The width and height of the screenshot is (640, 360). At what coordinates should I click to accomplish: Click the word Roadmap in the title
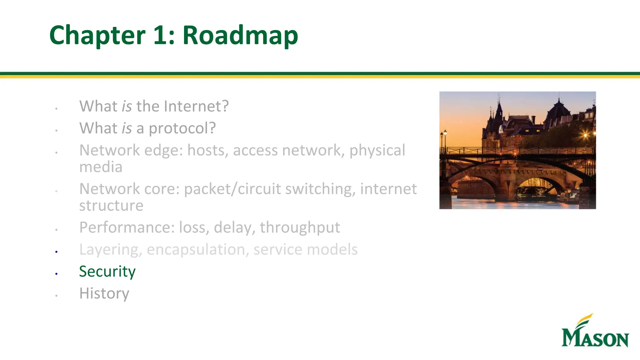(x=240, y=35)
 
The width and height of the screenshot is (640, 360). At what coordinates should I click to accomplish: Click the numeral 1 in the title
(x=160, y=35)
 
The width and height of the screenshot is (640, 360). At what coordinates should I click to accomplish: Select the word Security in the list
(x=107, y=271)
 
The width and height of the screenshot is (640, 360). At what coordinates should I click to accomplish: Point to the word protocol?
(x=182, y=128)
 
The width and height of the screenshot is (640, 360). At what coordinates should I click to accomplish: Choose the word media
(x=101, y=167)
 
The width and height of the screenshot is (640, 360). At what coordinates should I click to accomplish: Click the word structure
(x=111, y=206)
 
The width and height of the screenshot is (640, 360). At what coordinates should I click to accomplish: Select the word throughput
(x=300, y=227)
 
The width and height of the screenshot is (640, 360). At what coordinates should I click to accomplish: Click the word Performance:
(x=127, y=227)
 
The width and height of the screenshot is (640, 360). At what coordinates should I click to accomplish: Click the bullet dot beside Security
(x=56, y=274)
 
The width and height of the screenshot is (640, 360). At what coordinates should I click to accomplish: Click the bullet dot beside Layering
(x=56, y=252)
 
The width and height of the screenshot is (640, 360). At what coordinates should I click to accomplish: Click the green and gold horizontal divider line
(x=320, y=75)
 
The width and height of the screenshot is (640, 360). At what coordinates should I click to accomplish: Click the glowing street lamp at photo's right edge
(x=585, y=135)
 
